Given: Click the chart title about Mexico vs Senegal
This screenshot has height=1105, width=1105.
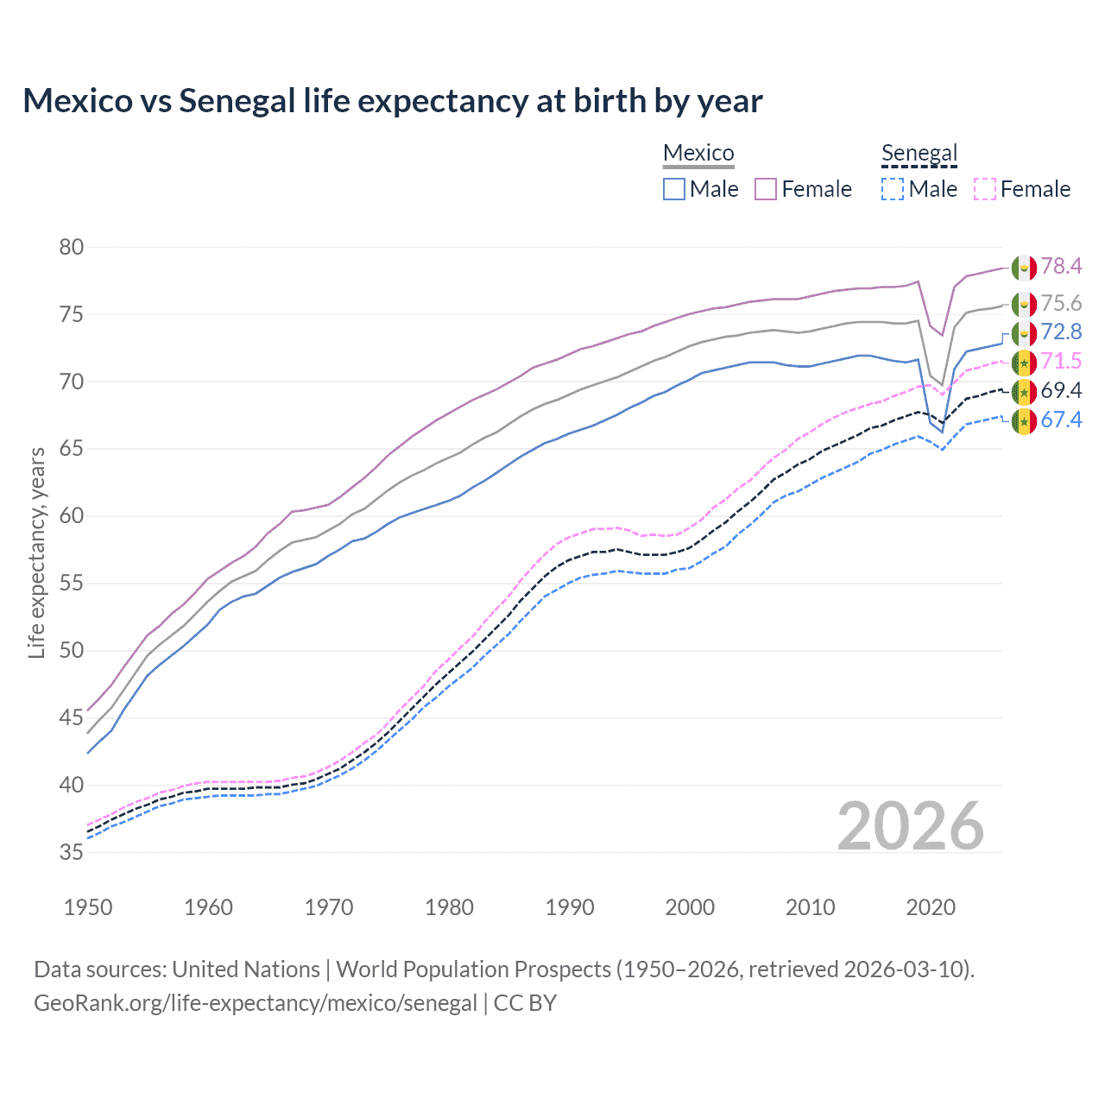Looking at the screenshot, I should point(393,101).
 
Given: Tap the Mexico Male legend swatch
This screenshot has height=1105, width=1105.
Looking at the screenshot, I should point(674,189).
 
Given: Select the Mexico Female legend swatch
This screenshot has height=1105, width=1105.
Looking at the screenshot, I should point(766,189).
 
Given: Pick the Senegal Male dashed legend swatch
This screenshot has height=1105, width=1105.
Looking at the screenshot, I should point(893,189).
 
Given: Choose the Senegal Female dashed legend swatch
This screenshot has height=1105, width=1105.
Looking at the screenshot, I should point(985,189).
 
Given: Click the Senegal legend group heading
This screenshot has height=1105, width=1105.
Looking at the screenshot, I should point(919,154).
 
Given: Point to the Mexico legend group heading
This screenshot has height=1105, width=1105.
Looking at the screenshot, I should point(698,154).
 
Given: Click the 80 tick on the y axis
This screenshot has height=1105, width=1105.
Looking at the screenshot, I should point(72,247).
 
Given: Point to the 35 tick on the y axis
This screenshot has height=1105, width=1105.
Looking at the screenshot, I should point(72,852).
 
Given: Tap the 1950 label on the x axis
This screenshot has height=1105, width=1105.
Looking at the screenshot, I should point(88,907).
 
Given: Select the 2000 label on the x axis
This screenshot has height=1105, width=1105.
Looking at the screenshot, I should point(690,907).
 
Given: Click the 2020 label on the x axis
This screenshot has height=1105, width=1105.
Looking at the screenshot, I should point(931,907).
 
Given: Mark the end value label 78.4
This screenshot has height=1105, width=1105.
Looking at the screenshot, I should point(1061,266).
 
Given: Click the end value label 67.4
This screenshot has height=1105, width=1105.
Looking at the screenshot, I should point(1061,420).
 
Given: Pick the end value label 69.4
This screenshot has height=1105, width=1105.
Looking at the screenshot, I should point(1061,390).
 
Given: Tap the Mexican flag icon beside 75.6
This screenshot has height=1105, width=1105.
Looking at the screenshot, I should point(1024,304).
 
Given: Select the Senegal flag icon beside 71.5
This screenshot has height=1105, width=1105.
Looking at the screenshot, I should point(1024,363).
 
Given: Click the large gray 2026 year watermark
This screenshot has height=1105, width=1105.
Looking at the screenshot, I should point(911,826).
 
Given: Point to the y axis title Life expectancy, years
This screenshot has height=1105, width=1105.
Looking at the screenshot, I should point(36,552).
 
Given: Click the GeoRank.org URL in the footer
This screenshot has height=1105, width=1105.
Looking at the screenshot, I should point(255,1003).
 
